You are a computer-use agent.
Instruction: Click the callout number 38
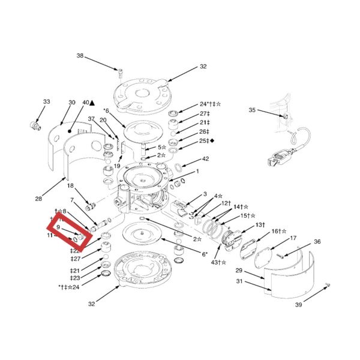[x=80, y=56]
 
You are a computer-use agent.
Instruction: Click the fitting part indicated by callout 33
[x=35, y=126]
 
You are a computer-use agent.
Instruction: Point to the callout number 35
[x=252, y=110]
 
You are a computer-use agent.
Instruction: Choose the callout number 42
[x=205, y=160]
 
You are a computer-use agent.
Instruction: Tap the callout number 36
[x=317, y=242]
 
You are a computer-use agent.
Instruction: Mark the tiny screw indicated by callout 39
[x=328, y=284]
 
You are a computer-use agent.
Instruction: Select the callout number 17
[x=293, y=238]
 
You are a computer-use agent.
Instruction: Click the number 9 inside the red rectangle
[x=58, y=228]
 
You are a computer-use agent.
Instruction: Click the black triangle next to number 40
[x=92, y=103]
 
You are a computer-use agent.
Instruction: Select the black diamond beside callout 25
[x=212, y=140]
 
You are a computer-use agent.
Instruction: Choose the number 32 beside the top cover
[x=203, y=67]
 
